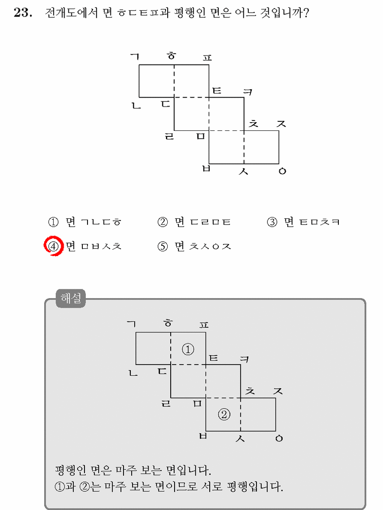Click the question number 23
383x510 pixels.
pos(23,13)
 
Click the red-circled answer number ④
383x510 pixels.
pos(53,246)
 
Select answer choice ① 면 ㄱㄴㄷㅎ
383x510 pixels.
pos(84,222)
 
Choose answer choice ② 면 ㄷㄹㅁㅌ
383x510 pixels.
pos(194,222)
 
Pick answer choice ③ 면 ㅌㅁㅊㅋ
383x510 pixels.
pos(303,222)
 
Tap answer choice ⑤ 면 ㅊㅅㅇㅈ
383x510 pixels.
pos(194,246)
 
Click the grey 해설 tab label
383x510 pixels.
pos(71,298)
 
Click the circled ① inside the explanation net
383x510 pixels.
pos(188,349)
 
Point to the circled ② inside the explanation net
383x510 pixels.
pos(224,414)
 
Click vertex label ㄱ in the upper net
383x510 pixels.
pos(135,57)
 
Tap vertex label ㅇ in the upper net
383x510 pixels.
pos(282,171)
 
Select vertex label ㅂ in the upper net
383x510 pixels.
pos(206,169)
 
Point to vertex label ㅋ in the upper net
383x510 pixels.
pos(248,92)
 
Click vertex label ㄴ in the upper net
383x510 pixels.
pos(136,105)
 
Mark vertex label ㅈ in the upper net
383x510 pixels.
pos(281,123)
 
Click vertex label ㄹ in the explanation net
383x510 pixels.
pos(166,404)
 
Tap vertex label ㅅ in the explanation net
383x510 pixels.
pos(240,439)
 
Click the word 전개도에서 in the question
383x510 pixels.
pos(71,13)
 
